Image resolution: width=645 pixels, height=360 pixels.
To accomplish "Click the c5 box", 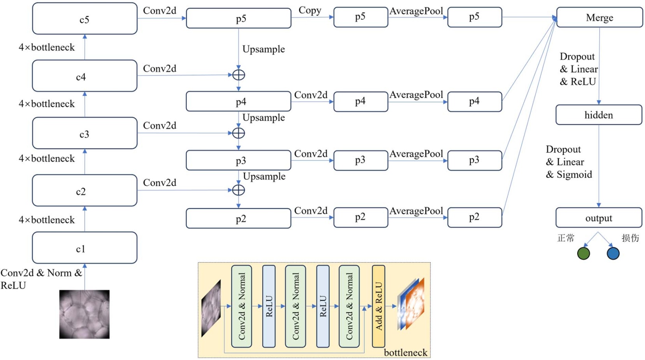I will [x=84, y=19].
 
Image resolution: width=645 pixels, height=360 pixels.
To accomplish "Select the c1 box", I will [x=84, y=248].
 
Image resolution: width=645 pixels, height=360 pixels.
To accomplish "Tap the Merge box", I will [x=599, y=18].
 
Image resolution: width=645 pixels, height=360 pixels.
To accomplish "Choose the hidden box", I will [x=598, y=115].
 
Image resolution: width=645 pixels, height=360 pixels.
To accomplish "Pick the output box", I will [x=598, y=218].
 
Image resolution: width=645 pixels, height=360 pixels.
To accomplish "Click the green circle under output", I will [x=583, y=253].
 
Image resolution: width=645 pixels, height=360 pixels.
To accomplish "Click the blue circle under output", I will [x=613, y=253].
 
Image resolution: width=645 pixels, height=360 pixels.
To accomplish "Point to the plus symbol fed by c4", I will [x=238, y=75].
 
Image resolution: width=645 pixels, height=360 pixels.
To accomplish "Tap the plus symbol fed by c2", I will [x=238, y=190].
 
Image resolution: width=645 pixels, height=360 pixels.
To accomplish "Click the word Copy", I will [x=310, y=10].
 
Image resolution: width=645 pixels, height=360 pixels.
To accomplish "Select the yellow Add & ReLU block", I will [x=378, y=306].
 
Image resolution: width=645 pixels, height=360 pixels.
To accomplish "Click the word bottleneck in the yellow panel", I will [x=406, y=352].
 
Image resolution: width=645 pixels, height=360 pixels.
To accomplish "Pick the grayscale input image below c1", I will [x=84, y=314].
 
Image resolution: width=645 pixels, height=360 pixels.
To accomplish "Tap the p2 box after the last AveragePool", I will [x=474, y=217].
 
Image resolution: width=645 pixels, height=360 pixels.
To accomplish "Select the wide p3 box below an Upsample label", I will [x=238, y=160].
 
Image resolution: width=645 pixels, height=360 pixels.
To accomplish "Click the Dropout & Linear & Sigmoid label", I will [x=568, y=162].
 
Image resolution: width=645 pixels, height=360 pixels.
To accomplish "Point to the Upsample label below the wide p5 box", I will [x=264, y=49].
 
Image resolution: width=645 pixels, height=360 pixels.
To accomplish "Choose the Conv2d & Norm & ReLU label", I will [x=41, y=279].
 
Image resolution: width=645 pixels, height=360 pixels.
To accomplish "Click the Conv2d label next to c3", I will [x=160, y=125].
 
